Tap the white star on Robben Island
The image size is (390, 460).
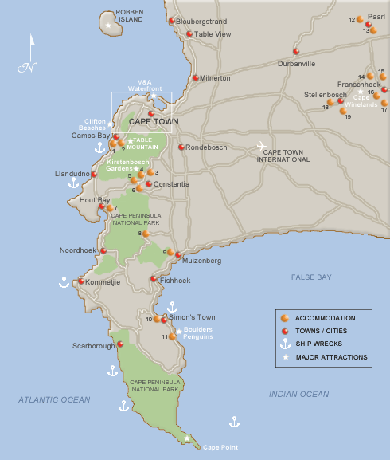(108, 26)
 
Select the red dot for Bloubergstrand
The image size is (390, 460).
(172, 21)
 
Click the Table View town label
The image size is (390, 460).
(213, 34)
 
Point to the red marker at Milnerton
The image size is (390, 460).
(196, 78)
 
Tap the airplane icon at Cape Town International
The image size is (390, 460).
(261, 145)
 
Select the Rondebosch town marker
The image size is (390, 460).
(181, 147)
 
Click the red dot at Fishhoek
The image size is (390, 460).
(154, 279)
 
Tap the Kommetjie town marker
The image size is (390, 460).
(80, 281)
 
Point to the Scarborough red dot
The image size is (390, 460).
(120, 344)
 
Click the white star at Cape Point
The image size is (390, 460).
(188, 438)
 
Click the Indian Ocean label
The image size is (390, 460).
(298, 395)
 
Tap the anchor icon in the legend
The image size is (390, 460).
(284, 344)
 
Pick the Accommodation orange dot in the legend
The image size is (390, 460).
(284, 318)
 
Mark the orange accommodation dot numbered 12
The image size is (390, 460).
(360, 19)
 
